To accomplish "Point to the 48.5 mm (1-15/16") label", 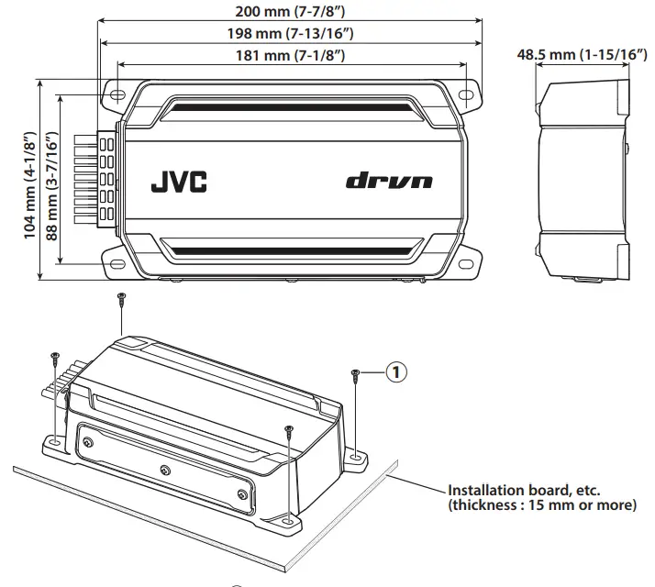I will point(582,55).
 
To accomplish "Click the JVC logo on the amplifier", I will point(178,181).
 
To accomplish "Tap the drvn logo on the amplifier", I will point(389,181).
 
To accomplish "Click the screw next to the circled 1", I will point(355,373).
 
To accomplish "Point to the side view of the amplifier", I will point(583,179).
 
